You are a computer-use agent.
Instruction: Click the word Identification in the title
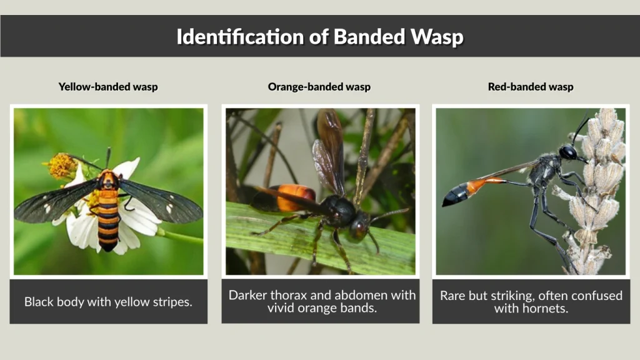233,36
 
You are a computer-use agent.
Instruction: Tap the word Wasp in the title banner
437,36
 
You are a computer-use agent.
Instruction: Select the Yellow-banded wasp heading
108,87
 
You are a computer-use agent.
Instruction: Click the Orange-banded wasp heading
319,87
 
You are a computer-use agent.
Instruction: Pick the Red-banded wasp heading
531,87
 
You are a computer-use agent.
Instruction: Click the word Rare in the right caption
453,295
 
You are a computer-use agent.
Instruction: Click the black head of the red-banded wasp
568,152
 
